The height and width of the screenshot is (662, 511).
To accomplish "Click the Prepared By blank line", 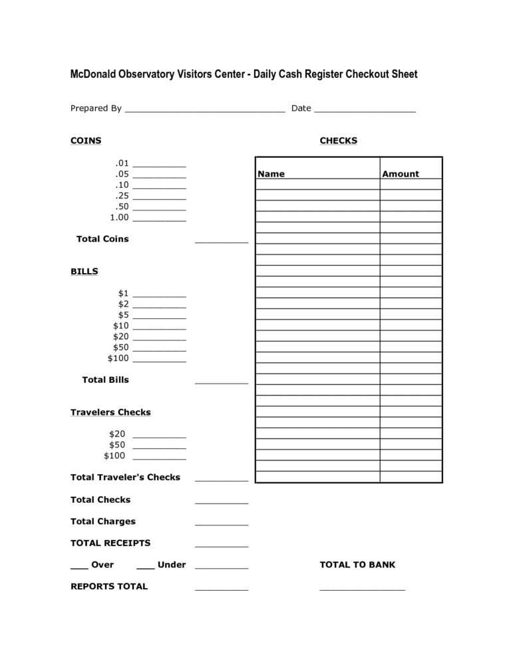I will pos(205,111).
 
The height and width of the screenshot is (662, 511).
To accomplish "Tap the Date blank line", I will pos(365,111).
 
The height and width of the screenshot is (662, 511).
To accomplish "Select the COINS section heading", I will pos(86,141).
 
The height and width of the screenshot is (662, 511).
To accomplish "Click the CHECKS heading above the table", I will pos(339,141).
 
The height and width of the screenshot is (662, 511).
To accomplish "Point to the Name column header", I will pos(271,174).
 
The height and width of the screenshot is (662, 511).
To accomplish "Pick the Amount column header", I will pos(401,174).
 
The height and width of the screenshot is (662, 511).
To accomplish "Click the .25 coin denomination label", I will pos(121,196).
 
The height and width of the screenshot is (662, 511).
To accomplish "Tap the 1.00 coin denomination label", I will pos(119,217).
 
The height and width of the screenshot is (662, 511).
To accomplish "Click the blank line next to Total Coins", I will pos(222,242).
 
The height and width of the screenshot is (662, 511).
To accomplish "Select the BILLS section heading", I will pos(85,272).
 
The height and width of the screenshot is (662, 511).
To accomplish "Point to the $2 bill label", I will pos(123,304).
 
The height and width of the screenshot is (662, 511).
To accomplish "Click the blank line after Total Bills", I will pos(222,383).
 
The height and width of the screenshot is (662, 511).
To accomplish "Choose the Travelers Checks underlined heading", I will pos(110,412).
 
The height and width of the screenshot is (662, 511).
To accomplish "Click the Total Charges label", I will pos(103,521).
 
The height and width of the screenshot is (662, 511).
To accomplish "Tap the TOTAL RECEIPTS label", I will pos(110,543).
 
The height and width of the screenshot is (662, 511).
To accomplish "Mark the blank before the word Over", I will pos(79,568).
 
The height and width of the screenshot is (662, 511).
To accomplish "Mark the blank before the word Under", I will pos(146,568).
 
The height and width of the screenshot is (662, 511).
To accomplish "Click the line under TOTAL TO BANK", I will pos(362,589).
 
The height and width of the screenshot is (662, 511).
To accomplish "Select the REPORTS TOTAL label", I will pos(109,586).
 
